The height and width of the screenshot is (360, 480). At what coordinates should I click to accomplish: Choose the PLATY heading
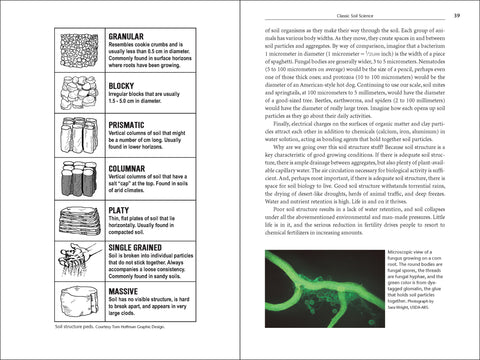(x=117, y=209)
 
